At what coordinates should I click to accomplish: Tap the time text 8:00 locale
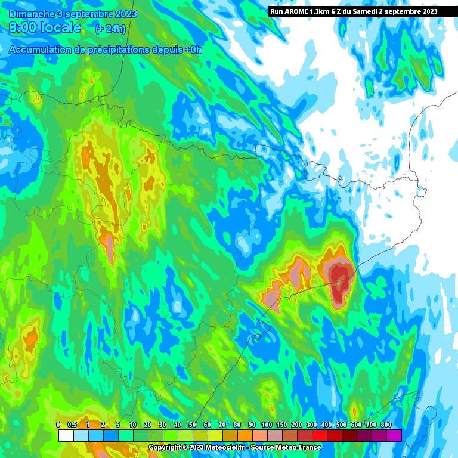45,27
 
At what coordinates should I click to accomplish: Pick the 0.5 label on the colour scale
73,424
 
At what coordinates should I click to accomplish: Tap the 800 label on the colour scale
386,424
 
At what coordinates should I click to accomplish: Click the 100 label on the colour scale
267,424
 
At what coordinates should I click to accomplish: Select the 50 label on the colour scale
192,424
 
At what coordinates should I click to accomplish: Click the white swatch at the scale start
66,435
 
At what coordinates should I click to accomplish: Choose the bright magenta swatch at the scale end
394,435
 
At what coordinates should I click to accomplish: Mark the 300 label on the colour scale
311,424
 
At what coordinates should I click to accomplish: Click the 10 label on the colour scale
132,424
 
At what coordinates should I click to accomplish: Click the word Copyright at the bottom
163,447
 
